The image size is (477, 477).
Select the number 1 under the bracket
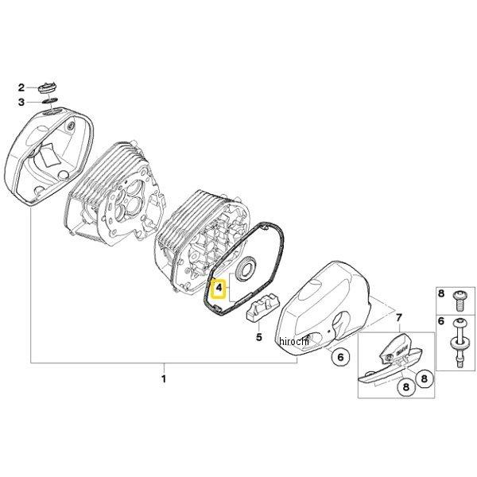click(164, 378)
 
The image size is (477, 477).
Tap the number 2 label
click(24, 86)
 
